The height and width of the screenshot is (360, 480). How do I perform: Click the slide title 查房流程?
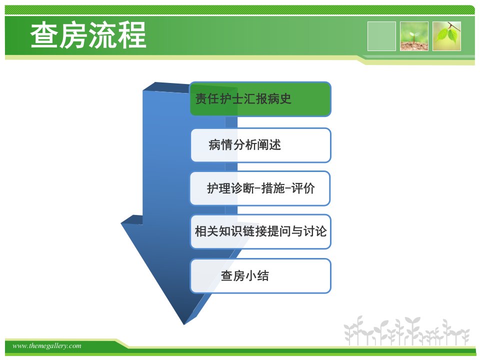[88, 35]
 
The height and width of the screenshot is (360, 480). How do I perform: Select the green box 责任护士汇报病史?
[260, 99]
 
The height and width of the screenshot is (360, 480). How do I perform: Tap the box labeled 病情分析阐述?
[261, 145]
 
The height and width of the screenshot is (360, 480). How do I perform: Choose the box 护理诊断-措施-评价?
[260, 188]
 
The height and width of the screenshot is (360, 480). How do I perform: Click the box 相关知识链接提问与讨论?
[260, 231]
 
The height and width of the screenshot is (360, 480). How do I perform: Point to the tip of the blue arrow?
[184, 324]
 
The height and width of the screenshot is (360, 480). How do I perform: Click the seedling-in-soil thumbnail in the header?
[414, 36]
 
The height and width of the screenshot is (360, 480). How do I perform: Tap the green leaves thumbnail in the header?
[446, 36]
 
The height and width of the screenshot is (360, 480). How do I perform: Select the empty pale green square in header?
[381, 36]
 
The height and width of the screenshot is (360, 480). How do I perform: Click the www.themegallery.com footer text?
[47, 346]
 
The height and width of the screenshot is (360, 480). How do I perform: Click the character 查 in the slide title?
[44, 35]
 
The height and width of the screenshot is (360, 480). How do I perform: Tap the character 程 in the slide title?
[132, 35]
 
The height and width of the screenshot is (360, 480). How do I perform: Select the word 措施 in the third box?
[273, 188]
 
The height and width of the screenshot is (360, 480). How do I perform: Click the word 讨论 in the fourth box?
[315, 231]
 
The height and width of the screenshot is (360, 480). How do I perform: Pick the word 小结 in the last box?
[257, 275]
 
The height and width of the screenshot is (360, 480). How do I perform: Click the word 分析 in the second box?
[245, 145]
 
